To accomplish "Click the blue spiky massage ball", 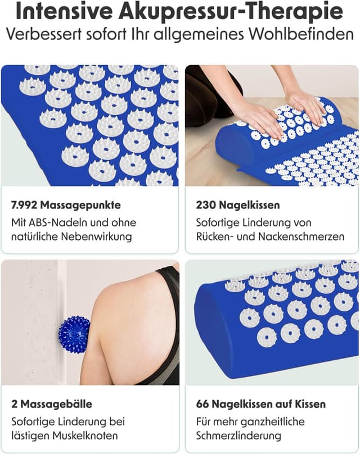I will click(x=74, y=334).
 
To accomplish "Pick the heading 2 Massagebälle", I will click(x=51, y=404).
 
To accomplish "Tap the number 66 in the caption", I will click(x=203, y=404).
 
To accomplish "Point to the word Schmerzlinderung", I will click(x=238, y=435).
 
